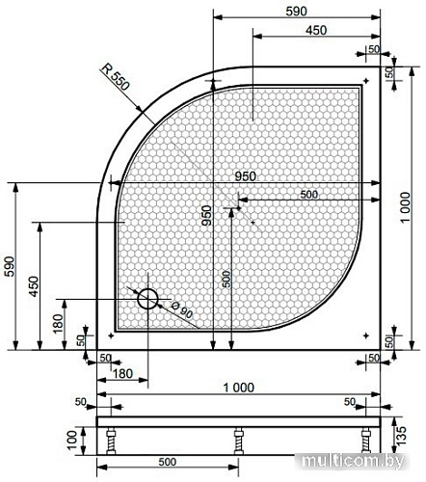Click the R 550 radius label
coord(116,76)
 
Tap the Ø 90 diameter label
coord(182,309)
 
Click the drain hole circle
coord(147,299)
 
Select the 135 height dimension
coord(401,435)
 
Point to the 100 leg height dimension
coord(72,440)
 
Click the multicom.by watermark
coord(354,462)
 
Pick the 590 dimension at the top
coord(296,12)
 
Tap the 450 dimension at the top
coord(316,30)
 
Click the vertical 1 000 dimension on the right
coord(406,207)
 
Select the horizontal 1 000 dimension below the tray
coord(238,388)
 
